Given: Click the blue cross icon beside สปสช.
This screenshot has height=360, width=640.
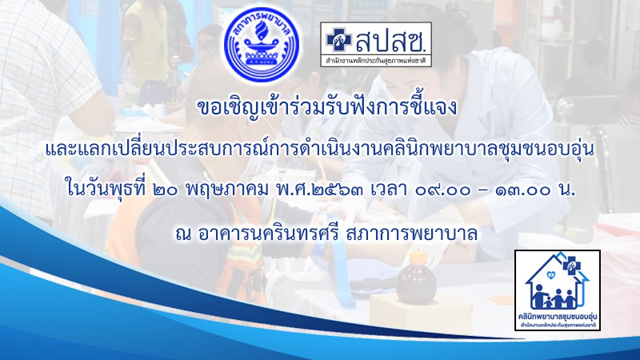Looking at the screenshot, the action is coord(338,39).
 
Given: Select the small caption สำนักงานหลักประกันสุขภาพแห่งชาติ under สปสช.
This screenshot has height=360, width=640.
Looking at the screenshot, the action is coord(376,61).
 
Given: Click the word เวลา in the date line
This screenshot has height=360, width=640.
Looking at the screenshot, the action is coord(388,190).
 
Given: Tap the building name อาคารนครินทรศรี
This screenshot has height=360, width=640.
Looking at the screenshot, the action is coord(269,234).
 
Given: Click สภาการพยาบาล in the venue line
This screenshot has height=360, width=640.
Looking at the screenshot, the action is coord(411,234).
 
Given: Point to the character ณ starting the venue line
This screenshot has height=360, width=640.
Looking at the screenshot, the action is coord(183,235).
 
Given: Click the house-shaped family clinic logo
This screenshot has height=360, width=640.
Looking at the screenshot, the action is coord(557,290).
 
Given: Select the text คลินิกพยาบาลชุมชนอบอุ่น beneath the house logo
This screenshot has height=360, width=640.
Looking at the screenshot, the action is coord(557,317).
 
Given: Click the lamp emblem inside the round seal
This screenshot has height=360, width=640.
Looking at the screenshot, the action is coord(262,46).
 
